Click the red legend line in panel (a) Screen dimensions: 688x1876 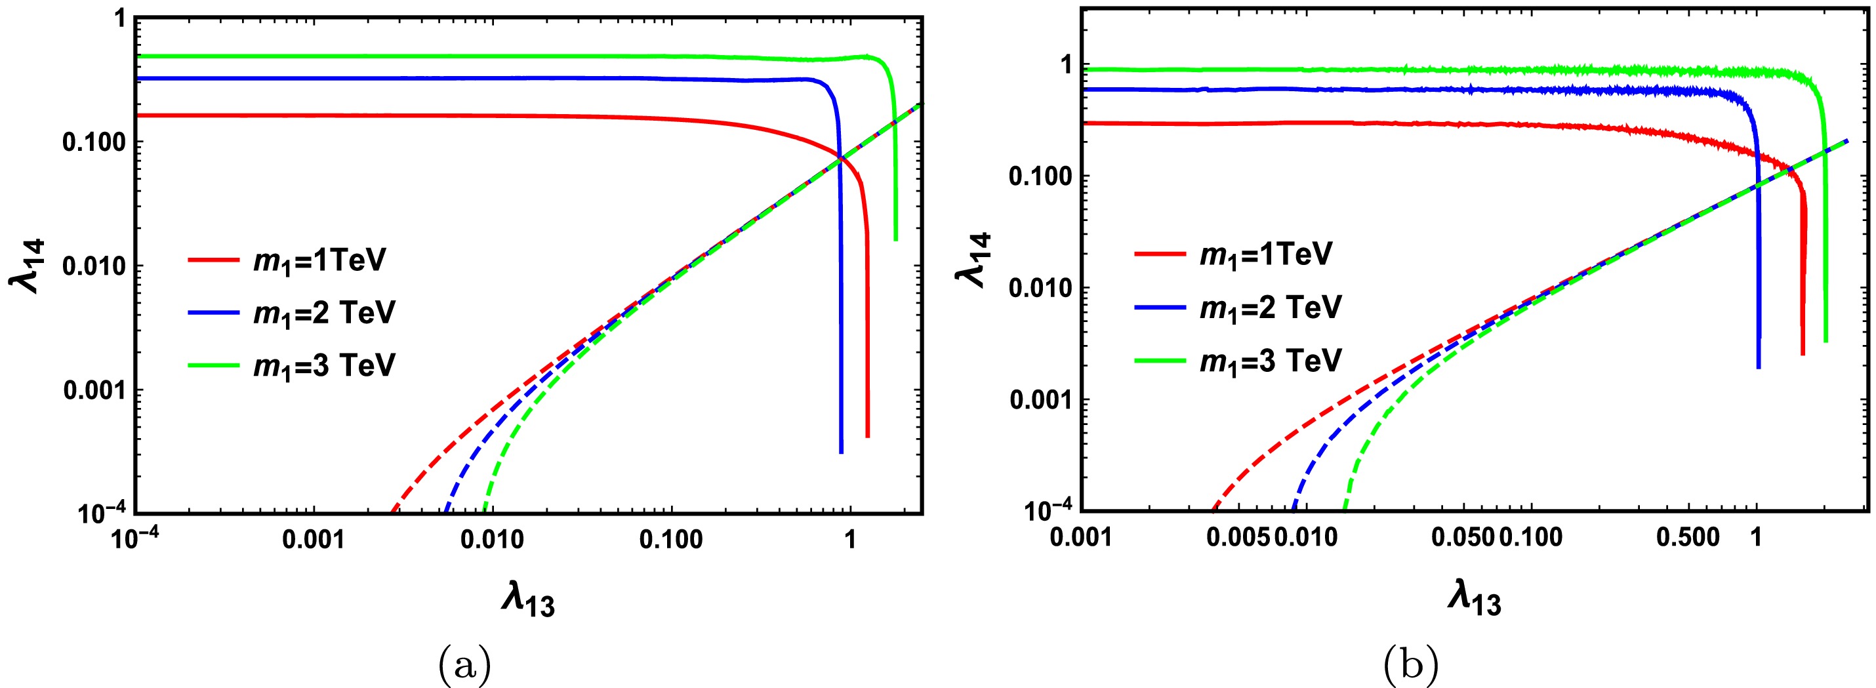pyautogui.click(x=213, y=260)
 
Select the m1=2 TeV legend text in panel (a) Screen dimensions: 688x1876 pyautogui.click(x=324, y=313)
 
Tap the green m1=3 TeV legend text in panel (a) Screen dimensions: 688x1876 pyautogui.click(x=324, y=365)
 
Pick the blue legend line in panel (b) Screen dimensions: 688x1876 pyautogui.click(x=1160, y=307)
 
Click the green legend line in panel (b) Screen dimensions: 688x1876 pyautogui.click(x=1160, y=360)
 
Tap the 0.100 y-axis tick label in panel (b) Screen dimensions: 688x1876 pyautogui.click(x=1043, y=177)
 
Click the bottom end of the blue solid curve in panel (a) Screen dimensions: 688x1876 pyautogui.click(x=841, y=451)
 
